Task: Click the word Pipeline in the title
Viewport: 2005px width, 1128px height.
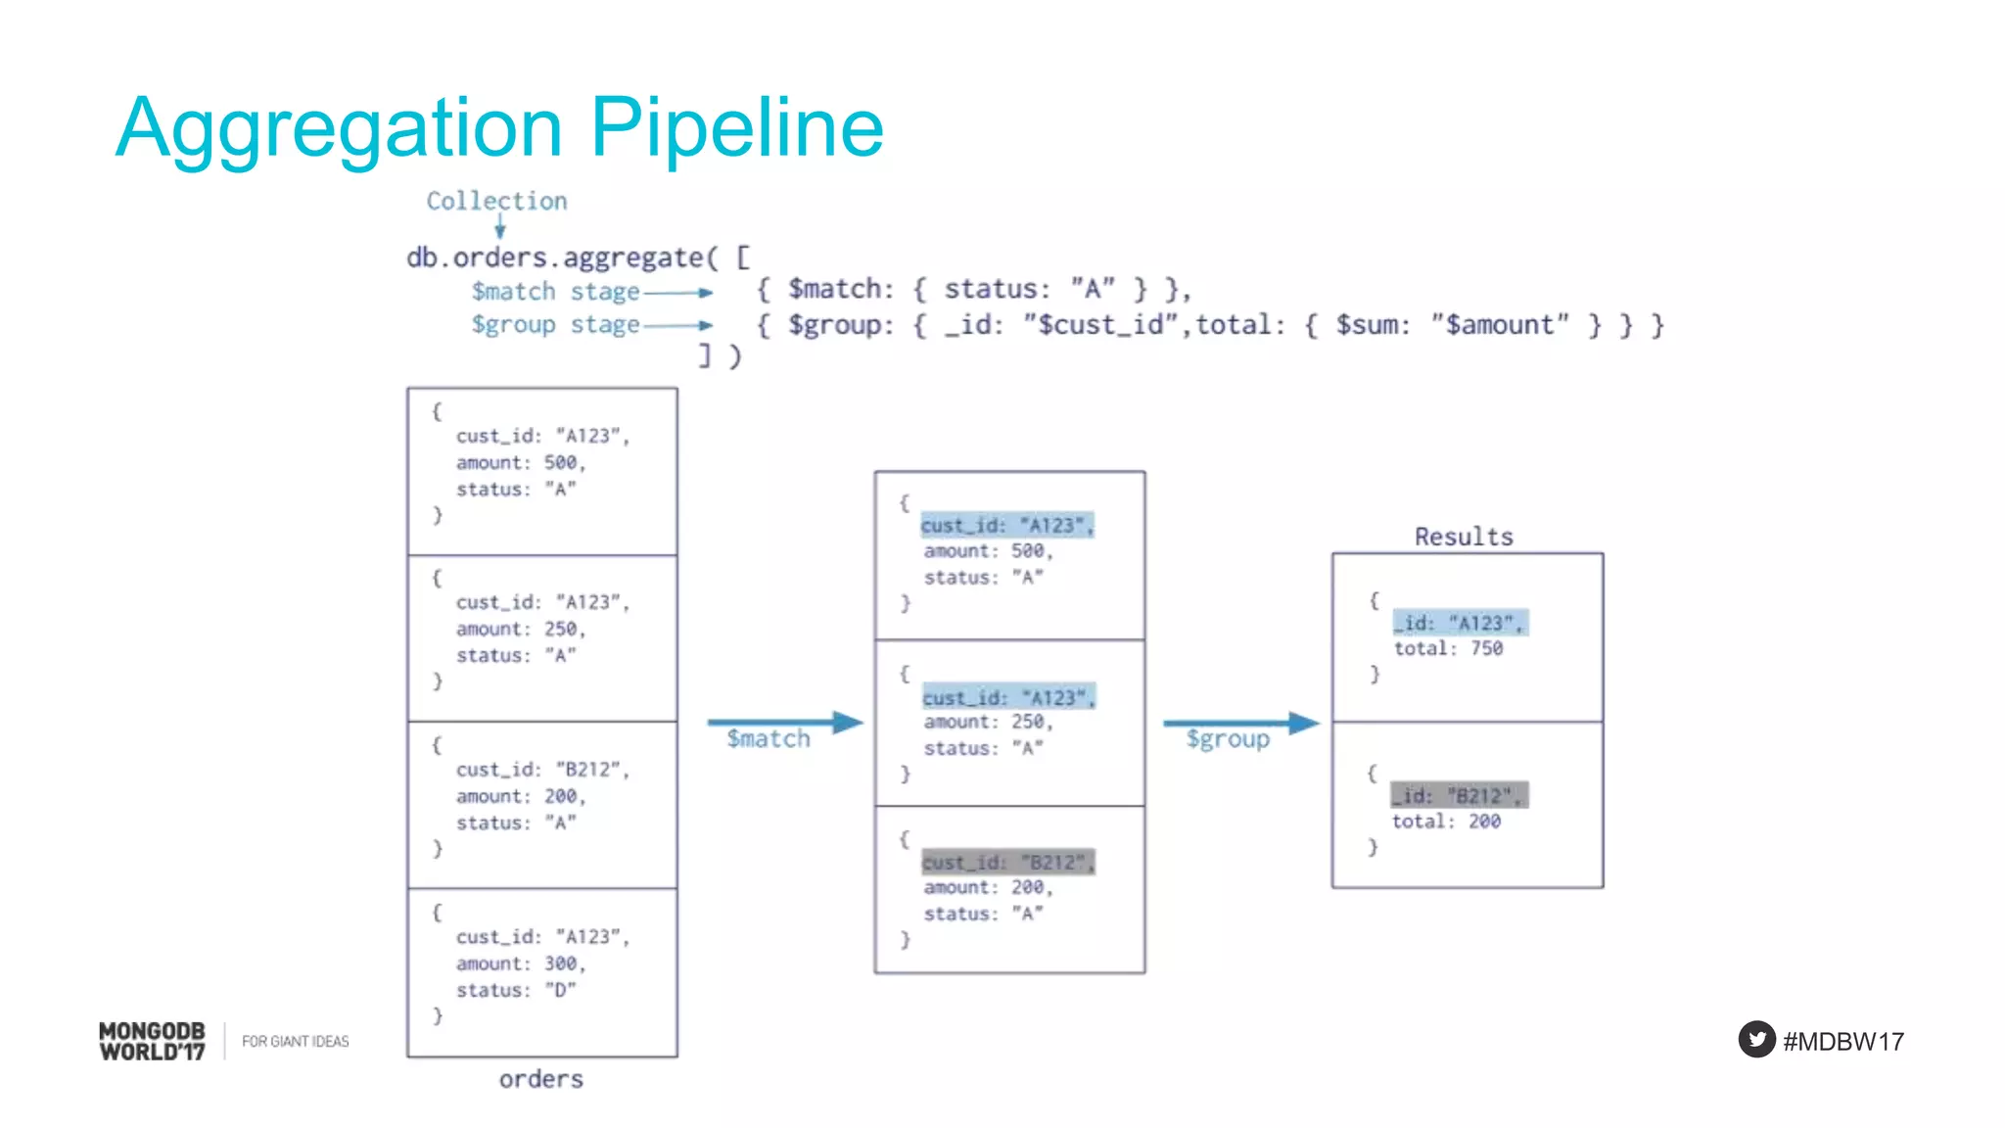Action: click(736, 127)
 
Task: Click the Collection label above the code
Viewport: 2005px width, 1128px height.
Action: click(496, 201)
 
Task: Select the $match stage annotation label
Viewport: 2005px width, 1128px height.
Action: click(555, 292)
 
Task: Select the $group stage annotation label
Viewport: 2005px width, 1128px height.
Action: click(555, 325)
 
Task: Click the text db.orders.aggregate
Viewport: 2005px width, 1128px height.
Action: click(554, 258)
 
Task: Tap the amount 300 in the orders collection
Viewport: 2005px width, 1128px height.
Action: click(561, 963)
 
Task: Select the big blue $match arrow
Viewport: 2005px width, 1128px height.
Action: click(783, 723)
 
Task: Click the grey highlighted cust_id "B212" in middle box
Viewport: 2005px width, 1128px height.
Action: click(1007, 862)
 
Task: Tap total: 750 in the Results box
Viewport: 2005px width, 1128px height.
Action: click(1448, 648)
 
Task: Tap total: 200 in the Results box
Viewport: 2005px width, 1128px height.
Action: click(1446, 822)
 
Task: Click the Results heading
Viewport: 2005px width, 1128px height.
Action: click(1464, 537)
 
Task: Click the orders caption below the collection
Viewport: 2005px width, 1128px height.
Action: click(540, 1079)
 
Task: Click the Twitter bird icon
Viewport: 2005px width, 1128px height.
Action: click(1756, 1039)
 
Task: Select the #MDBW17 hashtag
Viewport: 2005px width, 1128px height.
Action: click(1843, 1041)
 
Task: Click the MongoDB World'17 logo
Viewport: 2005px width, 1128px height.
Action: click(152, 1041)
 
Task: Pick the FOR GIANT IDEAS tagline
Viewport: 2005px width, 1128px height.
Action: click(295, 1041)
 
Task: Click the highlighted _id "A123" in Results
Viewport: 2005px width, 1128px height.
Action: click(1459, 623)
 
